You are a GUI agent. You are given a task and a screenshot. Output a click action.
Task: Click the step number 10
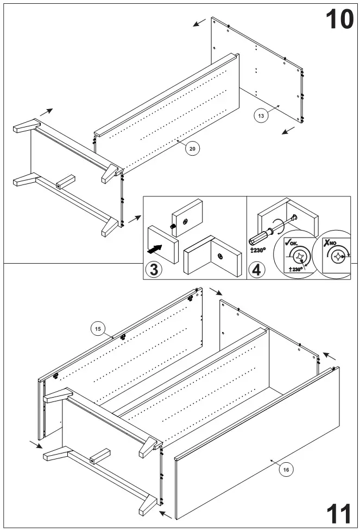click(339, 20)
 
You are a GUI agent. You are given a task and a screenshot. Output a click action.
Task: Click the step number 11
click(339, 512)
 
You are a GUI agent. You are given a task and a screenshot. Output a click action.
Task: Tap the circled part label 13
click(261, 115)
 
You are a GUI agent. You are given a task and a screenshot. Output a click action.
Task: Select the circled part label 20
click(191, 148)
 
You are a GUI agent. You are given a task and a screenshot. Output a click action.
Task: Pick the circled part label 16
click(286, 470)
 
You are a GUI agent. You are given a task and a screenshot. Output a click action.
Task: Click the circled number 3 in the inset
click(154, 269)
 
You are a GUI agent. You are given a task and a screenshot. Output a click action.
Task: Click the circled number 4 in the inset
click(257, 269)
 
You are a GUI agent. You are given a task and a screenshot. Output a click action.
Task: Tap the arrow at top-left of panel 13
click(199, 22)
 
